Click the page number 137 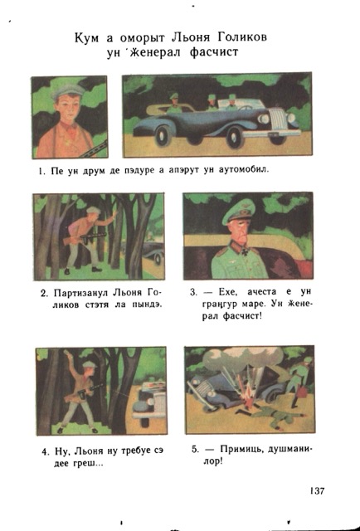(x=317, y=490)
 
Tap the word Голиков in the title (x=242, y=37)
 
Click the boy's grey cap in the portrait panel (x=69, y=90)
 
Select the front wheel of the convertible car (x=235, y=136)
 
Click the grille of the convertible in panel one (x=279, y=119)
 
